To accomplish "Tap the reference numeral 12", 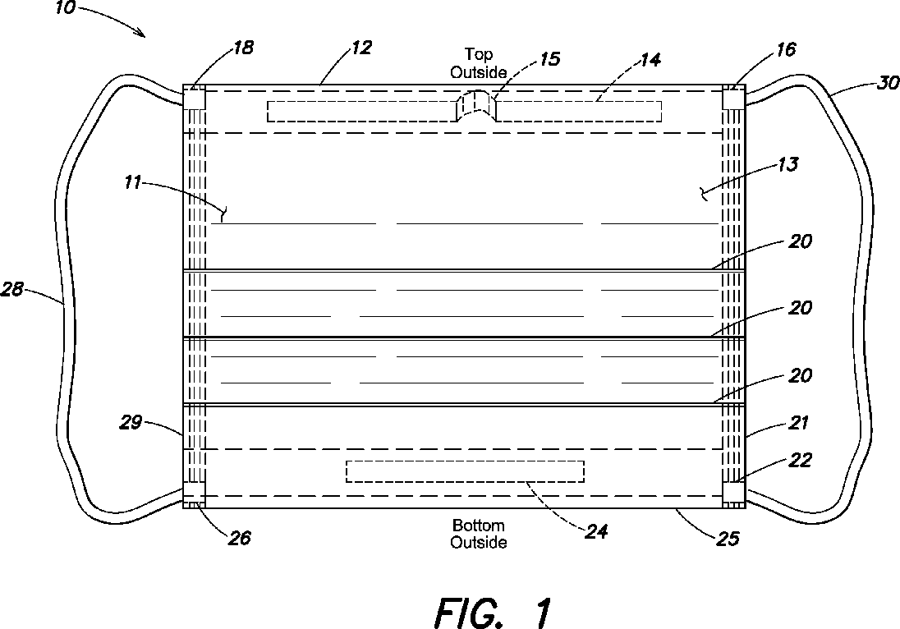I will coord(361,48).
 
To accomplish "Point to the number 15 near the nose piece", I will coord(549,60).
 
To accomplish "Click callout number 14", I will coord(650,59).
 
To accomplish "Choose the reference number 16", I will coord(786,51).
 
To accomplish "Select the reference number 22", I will coord(801,461).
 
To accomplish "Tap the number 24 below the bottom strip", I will coord(596,532).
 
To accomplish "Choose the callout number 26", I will coord(239,538).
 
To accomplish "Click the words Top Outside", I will coord(479,63).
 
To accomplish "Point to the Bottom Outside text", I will coord(479,534).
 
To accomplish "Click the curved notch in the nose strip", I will coord(478,108).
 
